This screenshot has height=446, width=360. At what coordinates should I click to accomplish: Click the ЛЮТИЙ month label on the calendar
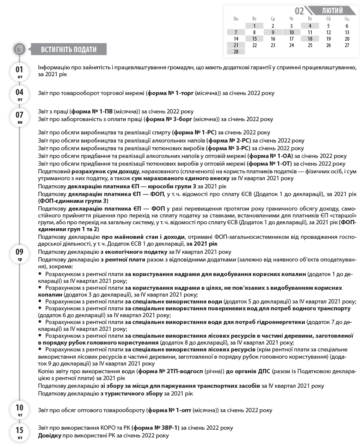[x=332, y=11]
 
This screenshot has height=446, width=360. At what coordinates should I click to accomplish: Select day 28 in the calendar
[x=236, y=51]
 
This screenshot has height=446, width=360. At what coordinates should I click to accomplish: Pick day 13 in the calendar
[x=347, y=32]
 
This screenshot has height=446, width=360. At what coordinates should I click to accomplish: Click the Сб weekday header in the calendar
[x=328, y=19]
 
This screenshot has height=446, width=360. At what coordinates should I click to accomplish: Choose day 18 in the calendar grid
[x=310, y=39]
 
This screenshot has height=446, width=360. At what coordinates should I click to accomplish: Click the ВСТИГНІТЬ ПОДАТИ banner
[x=68, y=49]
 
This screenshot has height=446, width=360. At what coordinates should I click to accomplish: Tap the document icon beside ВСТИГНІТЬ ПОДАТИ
[x=19, y=49]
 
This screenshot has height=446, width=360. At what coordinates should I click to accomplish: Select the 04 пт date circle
[x=20, y=94]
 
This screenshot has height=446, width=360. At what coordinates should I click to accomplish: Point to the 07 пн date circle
[x=20, y=116]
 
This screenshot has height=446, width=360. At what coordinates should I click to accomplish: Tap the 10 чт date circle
[x=20, y=410]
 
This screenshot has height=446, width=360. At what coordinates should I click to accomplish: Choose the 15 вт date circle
[x=20, y=432]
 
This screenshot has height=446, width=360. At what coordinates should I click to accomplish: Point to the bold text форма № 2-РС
[x=228, y=140]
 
